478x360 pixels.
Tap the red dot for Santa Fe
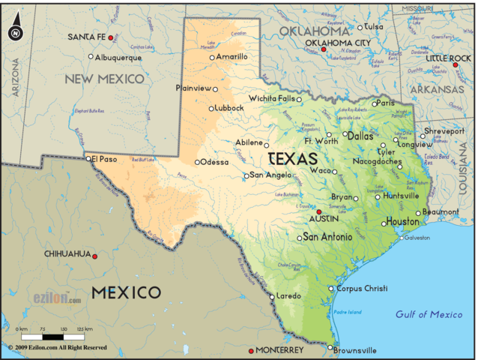click(111, 37)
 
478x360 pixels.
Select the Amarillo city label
click(232, 56)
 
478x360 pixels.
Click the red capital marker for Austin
click(318, 212)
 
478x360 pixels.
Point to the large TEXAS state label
click(292, 159)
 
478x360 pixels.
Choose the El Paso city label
click(105, 158)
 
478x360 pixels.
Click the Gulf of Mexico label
click(429, 314)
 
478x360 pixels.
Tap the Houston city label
click(402, 221)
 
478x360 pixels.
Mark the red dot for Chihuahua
click(94, 256)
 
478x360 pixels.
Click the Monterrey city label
click(279, 350)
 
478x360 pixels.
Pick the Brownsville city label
click(355, 349)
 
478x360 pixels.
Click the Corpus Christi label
click(361, 288)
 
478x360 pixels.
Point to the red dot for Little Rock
click(455, 65)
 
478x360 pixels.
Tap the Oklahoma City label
click(337, 43)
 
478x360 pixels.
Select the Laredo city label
click(288, 296)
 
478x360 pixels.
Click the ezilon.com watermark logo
click(57, 298)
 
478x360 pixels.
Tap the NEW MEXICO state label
click(104, 79)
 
